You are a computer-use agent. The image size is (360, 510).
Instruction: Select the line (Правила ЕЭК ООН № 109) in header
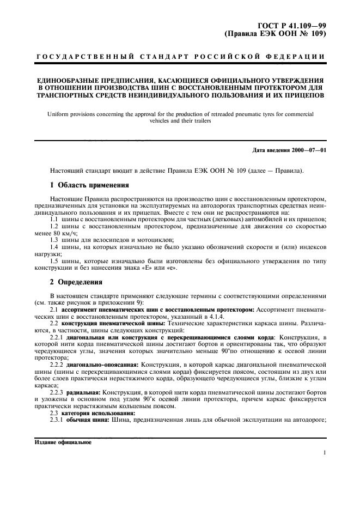pyautogui.click(x=275, y=34)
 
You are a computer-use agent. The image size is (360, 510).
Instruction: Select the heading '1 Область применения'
pyautogui.click(x=89, y=184)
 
